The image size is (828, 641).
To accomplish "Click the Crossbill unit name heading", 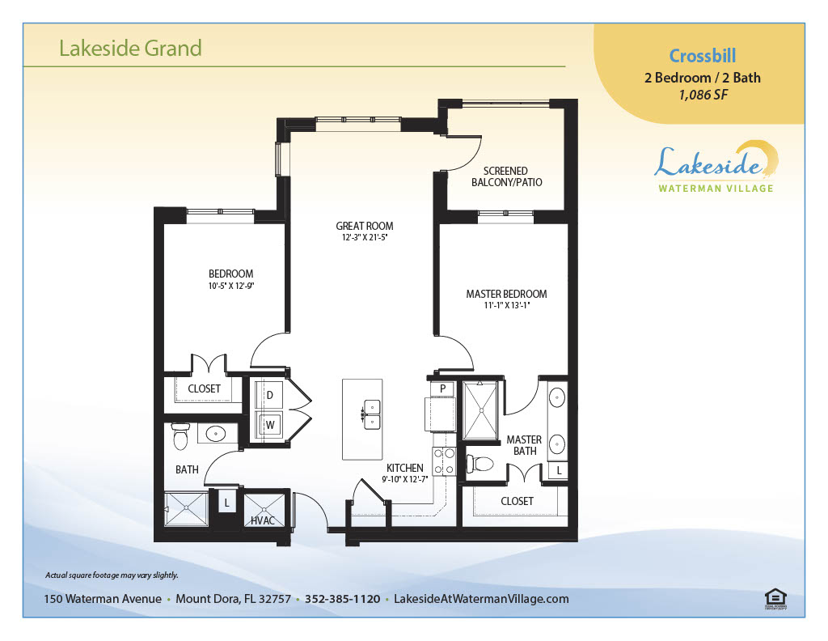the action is [703, 56].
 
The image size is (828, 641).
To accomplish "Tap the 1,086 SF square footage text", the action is [703, 96].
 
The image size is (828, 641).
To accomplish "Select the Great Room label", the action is [365, 226].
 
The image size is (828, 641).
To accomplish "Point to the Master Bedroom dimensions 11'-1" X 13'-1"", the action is [506, 305].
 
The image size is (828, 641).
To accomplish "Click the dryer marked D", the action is [269, 395].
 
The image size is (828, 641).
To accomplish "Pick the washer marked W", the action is [270, 425].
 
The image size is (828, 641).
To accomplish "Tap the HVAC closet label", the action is [263, 520].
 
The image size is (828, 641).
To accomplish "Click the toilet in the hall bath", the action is [180, 436].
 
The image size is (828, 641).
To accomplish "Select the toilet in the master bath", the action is [480, 464].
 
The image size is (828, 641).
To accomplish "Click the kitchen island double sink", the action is [371, 415].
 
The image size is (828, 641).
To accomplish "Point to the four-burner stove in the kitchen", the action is [444, 461].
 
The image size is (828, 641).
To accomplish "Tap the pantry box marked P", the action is [442, 388].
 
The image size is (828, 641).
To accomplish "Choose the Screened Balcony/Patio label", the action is [506, 176].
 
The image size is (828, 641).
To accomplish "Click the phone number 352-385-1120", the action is [342, 599].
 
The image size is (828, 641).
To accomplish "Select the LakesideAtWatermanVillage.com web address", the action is [481, 599].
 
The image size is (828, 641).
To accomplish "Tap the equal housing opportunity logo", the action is [775, 599].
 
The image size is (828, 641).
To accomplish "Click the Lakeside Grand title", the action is [130, 48].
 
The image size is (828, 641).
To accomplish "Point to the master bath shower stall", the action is [480, 410].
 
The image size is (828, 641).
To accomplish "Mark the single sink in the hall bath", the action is [215, 434].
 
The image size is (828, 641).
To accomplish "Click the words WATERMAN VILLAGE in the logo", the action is [716, 188].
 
